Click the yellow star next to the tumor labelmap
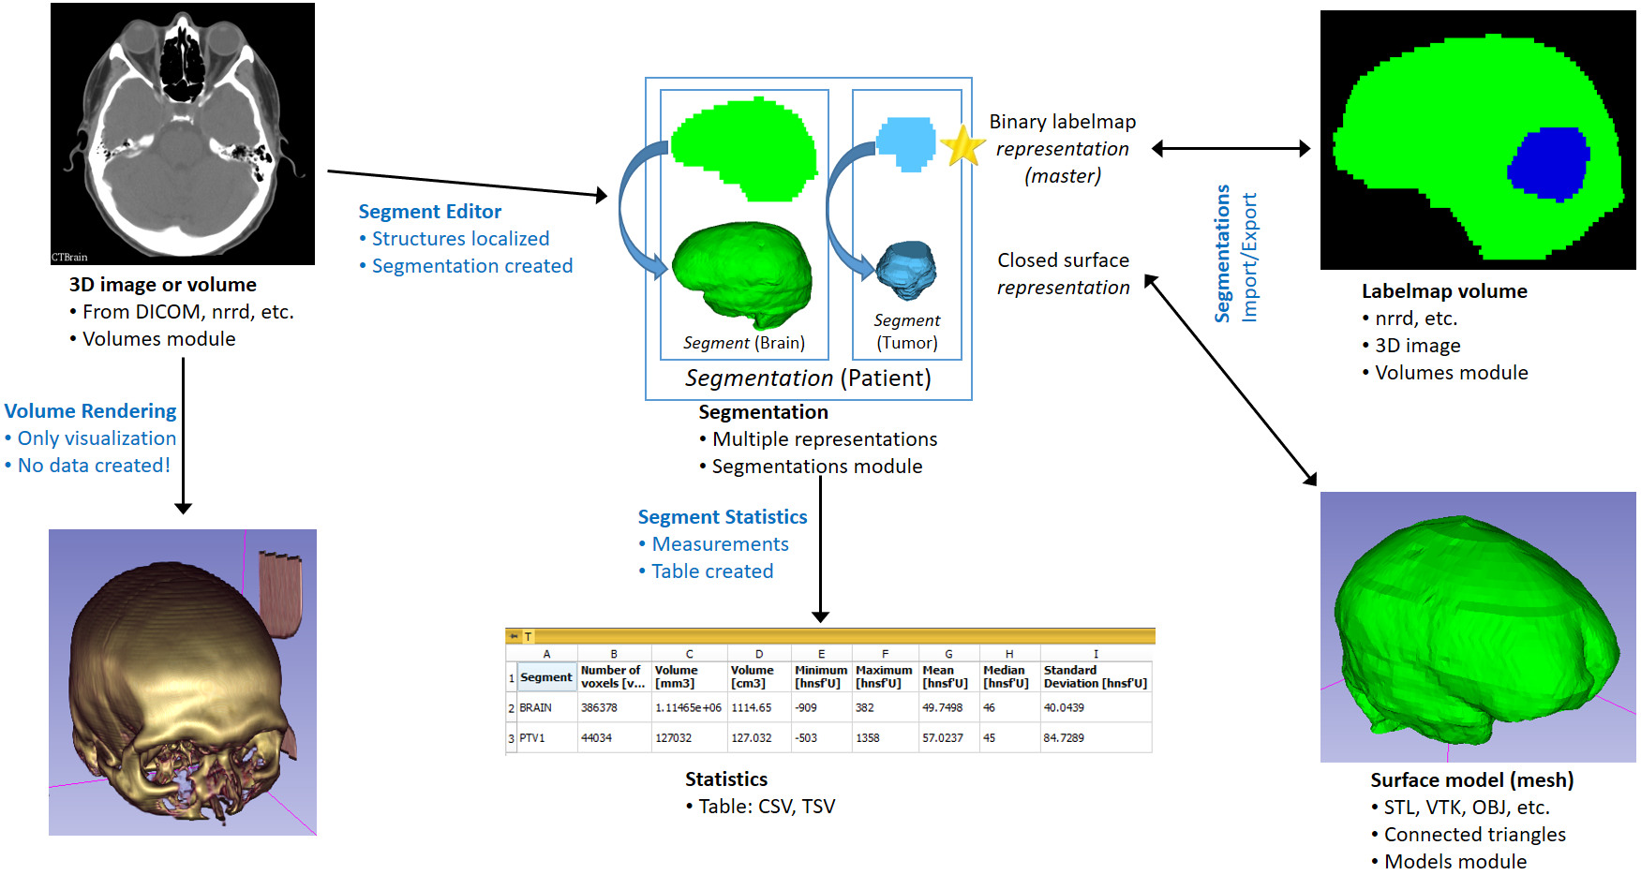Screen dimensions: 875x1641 pos(962,146)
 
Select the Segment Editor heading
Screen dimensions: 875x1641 pos(429,212)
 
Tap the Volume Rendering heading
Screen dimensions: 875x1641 pos(90,411)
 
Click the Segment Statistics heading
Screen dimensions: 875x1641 pos(722,517)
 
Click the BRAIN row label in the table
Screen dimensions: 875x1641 pos(535,708)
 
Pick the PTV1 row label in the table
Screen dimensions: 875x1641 pos(531,738)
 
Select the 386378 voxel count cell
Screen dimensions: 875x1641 pos(599,708)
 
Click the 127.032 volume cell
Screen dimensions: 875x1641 pos(751,738)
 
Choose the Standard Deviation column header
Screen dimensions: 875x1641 pos(1095,676)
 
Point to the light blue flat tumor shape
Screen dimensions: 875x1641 pos(905,143)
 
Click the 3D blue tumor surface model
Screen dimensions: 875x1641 pos(905,269)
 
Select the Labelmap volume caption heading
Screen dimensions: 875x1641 pos(1443,291)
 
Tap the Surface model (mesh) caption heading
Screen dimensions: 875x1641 pos(1471,780)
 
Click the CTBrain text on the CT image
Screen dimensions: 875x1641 pos(69,258)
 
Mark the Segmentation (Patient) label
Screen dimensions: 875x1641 pos(808,378)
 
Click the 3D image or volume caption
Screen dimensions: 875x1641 pos(162,285)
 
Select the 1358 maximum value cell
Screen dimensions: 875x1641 pos(867,738)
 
